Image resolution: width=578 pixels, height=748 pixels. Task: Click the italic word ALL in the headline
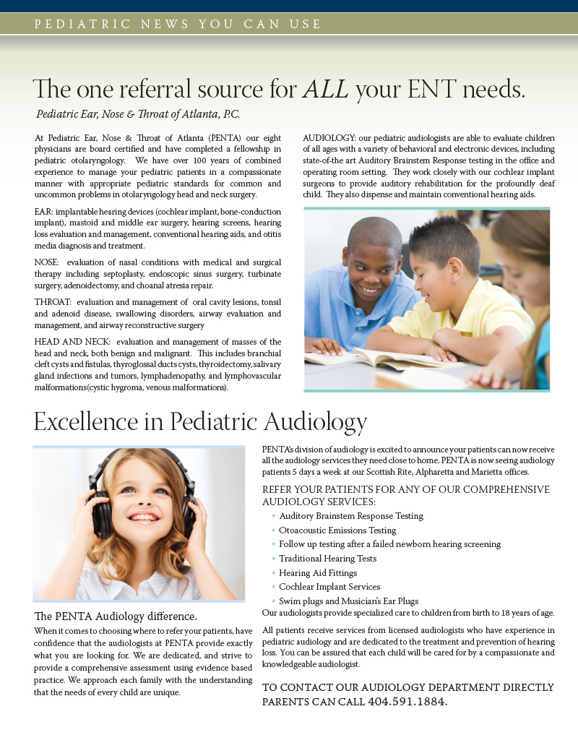(326, 90)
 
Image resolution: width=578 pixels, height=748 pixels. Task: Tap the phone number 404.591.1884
(407, 701)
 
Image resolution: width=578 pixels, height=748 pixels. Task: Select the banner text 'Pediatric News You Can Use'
(178, 24)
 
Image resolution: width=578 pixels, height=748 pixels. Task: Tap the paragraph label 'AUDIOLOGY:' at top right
(329, 137)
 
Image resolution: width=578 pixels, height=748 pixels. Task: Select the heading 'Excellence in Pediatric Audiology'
(200, 421)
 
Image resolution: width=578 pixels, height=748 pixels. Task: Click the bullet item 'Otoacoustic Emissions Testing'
(337, 530)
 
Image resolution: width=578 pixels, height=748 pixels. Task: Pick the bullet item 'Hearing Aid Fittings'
(318, 572)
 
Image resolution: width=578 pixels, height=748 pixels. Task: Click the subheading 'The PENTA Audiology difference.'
(116, 616)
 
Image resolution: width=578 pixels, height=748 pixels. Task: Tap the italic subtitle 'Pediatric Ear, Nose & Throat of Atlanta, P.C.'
(137, 114)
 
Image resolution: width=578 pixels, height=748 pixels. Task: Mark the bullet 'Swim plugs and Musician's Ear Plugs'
(348, 601)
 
